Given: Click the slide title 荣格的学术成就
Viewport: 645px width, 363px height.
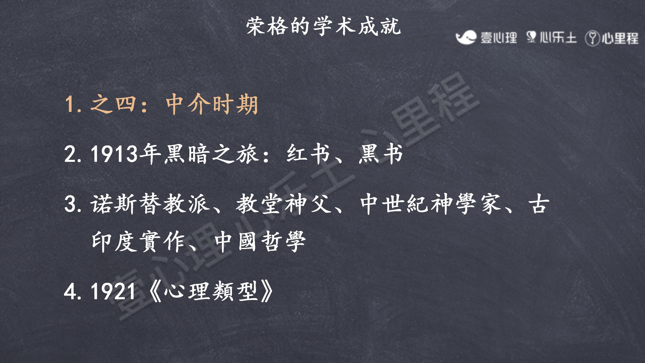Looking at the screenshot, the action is pos(324,26).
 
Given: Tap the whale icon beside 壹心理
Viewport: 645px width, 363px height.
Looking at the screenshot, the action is pos(466,38).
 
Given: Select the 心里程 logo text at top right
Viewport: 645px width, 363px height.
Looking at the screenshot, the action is pos(620,39).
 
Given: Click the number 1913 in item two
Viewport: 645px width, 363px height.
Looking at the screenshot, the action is pos(114,154).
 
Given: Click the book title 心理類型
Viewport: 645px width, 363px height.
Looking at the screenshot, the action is pos(211,291).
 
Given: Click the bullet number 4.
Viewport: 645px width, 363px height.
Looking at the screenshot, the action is pos(70,291).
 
